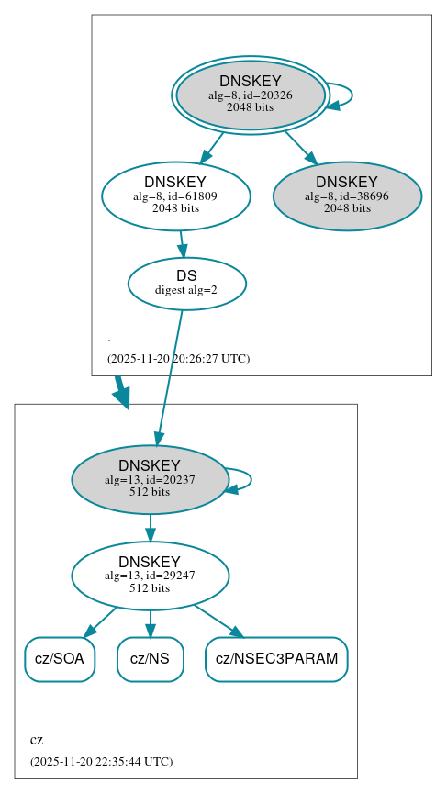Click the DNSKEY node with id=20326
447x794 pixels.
[250, 95]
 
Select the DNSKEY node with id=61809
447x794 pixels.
[175, 196]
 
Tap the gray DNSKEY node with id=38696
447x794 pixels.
[347, 196]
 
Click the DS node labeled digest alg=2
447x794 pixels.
[186, 283]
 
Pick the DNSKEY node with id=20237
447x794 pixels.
[150, 479]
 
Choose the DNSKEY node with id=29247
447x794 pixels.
[150, 576]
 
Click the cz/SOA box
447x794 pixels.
[60, 659]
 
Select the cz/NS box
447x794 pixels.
[150, 659]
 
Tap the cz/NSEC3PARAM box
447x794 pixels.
[276, 659]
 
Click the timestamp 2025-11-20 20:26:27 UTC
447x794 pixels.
[178, 358]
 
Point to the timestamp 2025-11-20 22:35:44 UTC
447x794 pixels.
[101, 761]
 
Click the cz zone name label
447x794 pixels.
[37, 740]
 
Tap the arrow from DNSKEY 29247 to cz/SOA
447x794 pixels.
[101, 621]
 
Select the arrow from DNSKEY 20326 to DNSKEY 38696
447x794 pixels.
[299, 146]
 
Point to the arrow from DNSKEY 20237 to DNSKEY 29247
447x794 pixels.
[150, 527]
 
